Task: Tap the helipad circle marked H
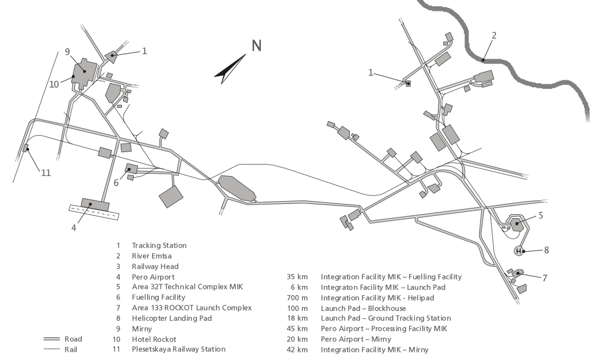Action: (x=518, y=251)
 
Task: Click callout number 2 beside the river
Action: (x=494, y=35)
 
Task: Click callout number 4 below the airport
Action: (x=73, y=228)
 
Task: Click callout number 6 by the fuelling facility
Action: (x=116, y=183)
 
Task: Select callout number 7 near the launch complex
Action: (x=545, y=278)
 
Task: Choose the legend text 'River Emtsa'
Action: (x=152, y=256)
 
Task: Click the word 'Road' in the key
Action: (x=73, y=339)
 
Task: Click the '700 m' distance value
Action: (x=297, y=297)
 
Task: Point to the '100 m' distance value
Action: (x=297, y=308)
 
